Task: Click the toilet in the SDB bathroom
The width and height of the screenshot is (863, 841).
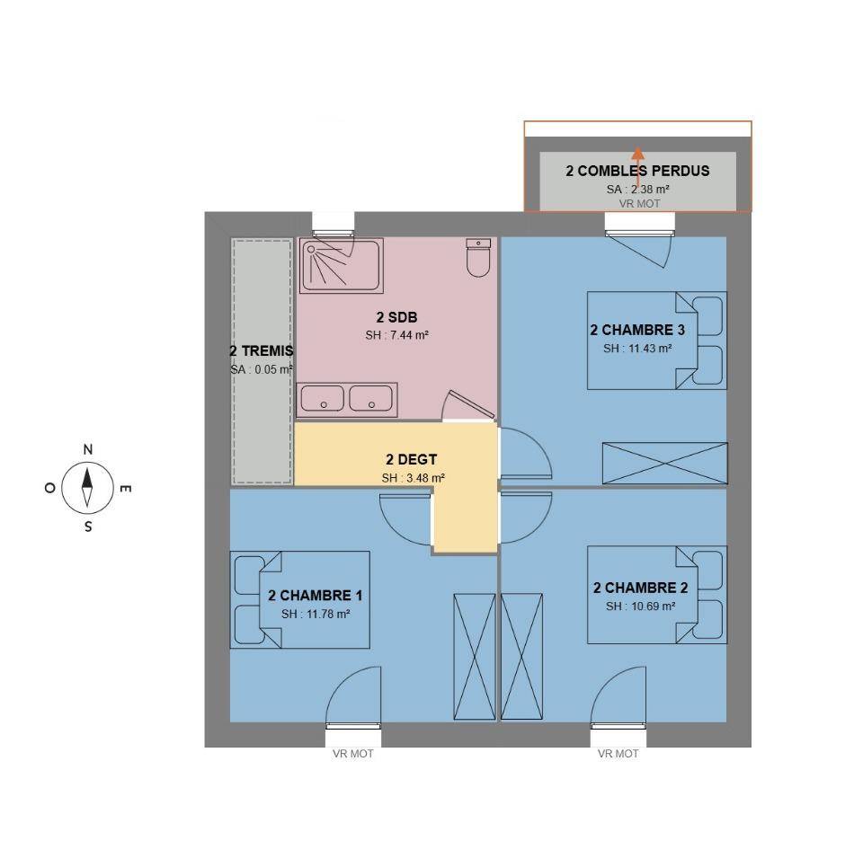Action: [x=477, y=257]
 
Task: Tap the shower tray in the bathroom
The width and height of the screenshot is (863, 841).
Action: [x=342, y=266]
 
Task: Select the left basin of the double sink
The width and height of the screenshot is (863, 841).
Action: [x=322, y=398]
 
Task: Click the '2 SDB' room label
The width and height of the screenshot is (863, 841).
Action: [x=396, y=317]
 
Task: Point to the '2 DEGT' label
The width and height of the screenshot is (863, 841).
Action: [x=411, y=460]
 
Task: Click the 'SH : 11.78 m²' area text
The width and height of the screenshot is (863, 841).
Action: [x=316, y=614]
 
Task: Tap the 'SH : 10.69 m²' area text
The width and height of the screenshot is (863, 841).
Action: [x=640, y=606]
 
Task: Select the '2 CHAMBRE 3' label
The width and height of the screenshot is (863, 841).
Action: [x=637, y=330]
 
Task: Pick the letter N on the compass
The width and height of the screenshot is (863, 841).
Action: [x=87, y=449]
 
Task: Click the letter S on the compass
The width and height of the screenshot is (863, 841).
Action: [x=88, y=527]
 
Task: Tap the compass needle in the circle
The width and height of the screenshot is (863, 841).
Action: [x=87, y=487]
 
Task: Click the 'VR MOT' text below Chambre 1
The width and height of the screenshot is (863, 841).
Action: [x=352, y=754]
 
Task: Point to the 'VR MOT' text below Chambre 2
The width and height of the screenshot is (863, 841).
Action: [x=618, y=754]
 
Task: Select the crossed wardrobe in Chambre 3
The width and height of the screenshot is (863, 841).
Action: [x=665, y=463]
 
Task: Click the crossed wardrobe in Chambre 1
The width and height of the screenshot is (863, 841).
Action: [x=475, y=657]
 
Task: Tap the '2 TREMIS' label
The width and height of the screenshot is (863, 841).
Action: [x=262, y=351]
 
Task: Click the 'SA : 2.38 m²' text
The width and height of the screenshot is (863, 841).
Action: [x=638, y=190]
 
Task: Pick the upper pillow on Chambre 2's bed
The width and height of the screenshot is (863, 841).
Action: [x=708, y=570]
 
